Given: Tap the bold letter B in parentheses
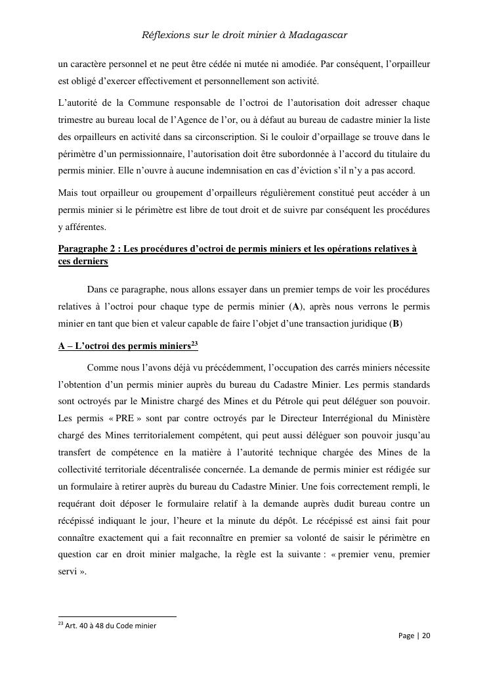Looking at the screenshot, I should [396, 323].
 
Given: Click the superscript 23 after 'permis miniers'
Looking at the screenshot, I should [195, 343].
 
